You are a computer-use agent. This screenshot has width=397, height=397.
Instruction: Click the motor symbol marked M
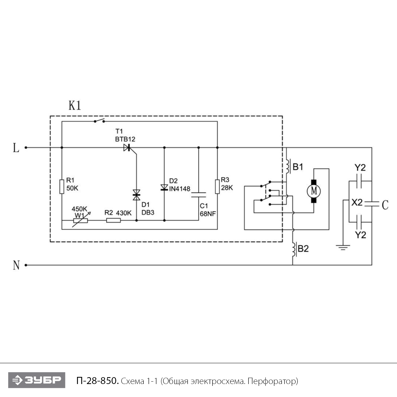point(314,191)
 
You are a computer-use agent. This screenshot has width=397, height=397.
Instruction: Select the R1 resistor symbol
point(62,186)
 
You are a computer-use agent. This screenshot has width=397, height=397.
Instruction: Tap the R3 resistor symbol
point(217,186)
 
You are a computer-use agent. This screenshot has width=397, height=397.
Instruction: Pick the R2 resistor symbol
point(113,220)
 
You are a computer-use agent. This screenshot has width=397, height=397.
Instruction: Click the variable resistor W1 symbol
point(81,220)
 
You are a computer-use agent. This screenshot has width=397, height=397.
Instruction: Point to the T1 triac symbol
point(127,148)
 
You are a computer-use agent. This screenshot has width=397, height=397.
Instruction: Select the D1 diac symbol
point(137,195)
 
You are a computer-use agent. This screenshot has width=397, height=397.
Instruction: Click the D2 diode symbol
point(164,188)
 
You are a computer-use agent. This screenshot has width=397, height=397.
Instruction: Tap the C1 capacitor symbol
point(198,195)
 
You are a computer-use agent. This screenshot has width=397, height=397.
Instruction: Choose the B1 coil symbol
point(288,166)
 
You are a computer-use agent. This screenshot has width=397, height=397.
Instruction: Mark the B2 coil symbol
point(294,249)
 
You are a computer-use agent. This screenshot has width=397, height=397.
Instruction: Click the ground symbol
point(343,248)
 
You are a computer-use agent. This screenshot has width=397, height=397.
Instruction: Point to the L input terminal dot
point(26,148)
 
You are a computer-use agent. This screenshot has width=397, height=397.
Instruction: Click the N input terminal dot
point(26,265)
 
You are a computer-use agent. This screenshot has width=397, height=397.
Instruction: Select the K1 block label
point(75,105)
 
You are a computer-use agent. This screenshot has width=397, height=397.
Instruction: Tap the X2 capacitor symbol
point(372,204)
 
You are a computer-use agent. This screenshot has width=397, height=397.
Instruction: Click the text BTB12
point(125,139)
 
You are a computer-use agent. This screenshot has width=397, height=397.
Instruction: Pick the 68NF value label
point(208,214)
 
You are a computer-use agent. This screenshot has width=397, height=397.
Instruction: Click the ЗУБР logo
point(37,380)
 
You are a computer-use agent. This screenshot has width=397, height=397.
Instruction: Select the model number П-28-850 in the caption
point(97,381)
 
